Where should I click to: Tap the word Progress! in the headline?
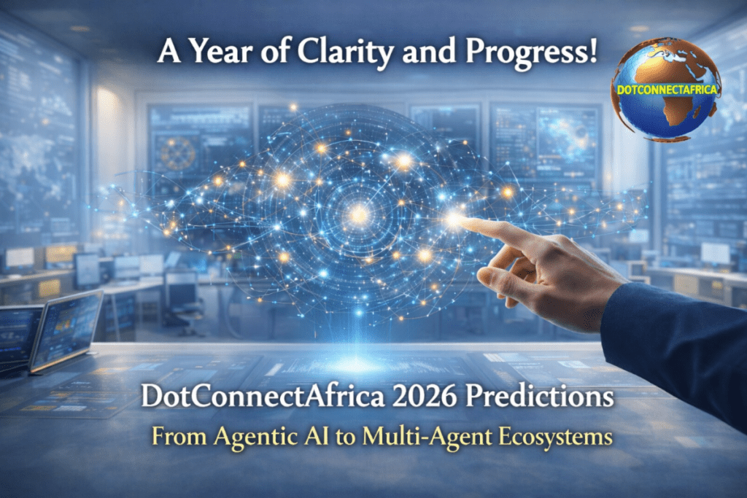tap(527, 53)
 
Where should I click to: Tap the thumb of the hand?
tap(503, 277)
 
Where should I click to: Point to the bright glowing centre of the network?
tap(358, 214)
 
